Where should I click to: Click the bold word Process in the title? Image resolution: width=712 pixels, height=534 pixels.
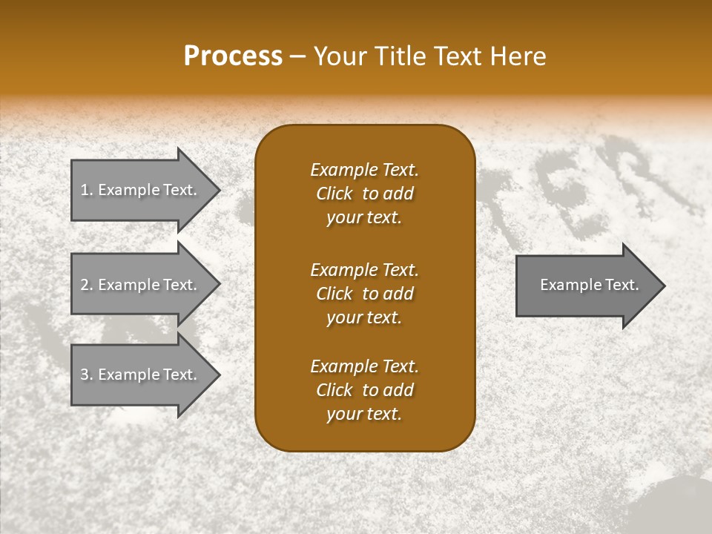pos(233,56)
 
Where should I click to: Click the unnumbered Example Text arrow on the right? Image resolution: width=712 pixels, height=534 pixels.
pos(586,285)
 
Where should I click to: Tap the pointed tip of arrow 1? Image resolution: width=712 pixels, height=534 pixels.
pos(218,190)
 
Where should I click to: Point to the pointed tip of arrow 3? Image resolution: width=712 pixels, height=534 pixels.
pos(218,375)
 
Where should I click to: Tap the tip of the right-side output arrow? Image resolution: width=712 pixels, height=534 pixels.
pos(663,285)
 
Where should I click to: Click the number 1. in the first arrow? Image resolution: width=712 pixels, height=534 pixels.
pos(86,190)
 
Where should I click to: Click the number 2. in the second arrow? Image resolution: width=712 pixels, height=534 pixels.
pos(86,285)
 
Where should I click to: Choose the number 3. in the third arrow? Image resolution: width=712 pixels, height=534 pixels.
pos(86,375)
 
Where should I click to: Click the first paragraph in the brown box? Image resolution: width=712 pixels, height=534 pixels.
pos(364,194)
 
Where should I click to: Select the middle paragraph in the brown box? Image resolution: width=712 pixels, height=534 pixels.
pos(364,294)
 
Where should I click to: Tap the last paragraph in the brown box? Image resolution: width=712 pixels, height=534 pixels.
pos(364,390)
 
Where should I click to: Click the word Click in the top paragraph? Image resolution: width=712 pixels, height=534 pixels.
pos(334,194)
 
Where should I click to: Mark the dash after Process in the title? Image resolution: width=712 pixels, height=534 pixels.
pos(298,56)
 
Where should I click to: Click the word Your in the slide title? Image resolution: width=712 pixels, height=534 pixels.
pos(338,56)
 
